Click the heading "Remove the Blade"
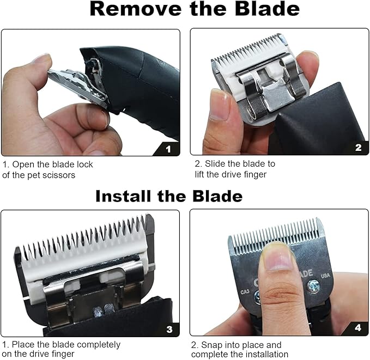[x=194, y=9]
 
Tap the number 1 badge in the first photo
[x=168, y=148]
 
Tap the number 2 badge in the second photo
[x=357, y=147]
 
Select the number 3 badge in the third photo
[x=169, y=328]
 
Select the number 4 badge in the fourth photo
[x=357, y=328]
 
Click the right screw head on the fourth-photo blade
[x=314, y=285]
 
